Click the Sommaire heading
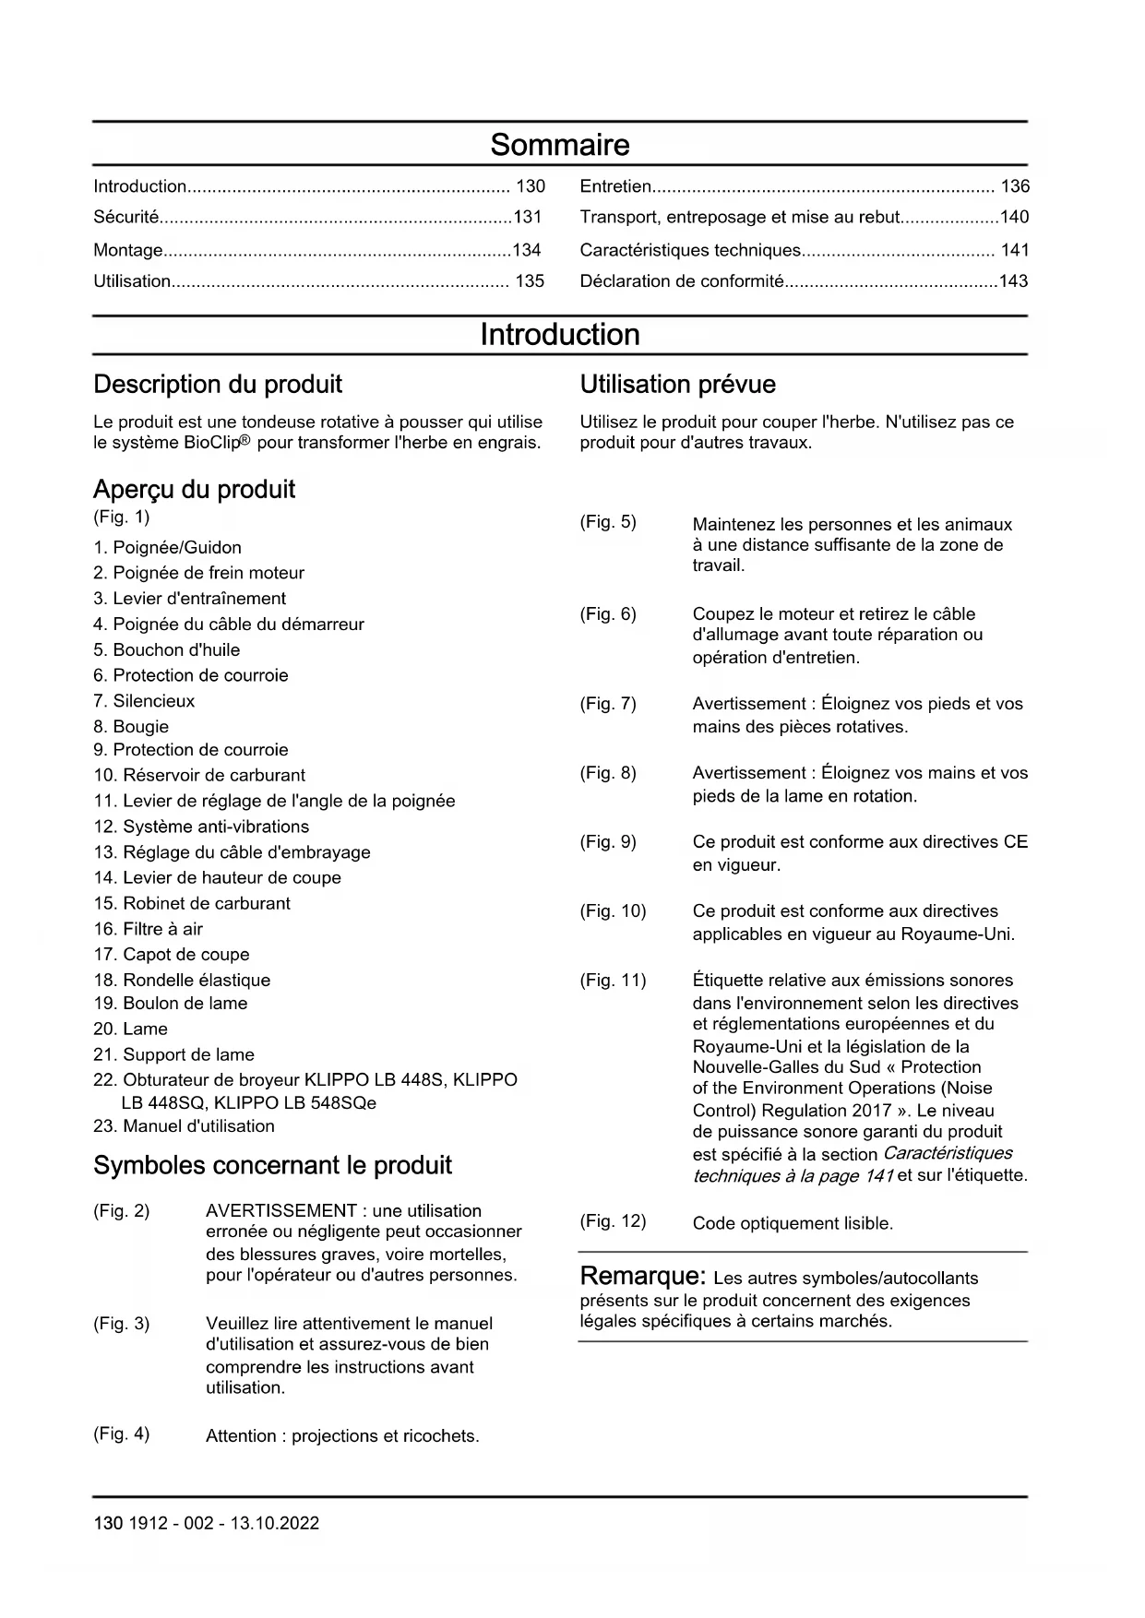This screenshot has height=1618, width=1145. pos(559,145)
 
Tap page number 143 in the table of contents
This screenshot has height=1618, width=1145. pos(1013,281)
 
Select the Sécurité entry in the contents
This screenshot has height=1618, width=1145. pos(126,218)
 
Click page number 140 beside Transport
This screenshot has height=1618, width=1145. pos(1014,218)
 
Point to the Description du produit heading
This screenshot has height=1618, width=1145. pos(218,385)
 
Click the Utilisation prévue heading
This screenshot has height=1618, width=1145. pos(677,385)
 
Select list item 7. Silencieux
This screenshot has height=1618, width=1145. pos(144,701)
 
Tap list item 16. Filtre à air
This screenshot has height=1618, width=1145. pos(149,929)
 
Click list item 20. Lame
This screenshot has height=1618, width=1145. pos(131,1029)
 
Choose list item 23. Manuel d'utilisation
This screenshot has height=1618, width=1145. pos(185,1126)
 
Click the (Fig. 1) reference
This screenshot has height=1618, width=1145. pos(121,517)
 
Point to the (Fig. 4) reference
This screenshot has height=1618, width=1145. pos(121,1434)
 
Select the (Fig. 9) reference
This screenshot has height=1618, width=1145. pos(608,842)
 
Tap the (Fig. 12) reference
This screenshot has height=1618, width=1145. pos(613,1221)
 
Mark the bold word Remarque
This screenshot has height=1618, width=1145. pos(642,1277)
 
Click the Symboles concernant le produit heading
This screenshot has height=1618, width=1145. pos(272,1166)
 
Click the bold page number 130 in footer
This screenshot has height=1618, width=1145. pos(107,1523)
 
